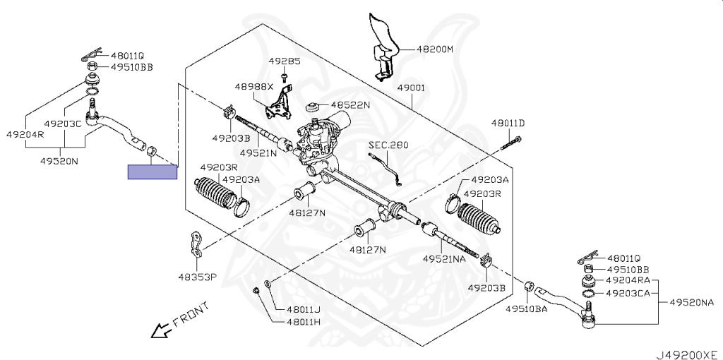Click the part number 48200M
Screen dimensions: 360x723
coord(434,49)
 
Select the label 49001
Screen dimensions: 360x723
coord(410,88)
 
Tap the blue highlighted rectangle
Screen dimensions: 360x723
coord(153,172)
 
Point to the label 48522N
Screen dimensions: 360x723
coord(350,104)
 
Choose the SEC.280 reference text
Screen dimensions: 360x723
coord(388,145)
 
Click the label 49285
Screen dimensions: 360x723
coord(284,61)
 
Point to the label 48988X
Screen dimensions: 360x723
coord(253,86)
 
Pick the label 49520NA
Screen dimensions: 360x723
coord(692,302)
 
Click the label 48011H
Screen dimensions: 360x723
coord(303,322)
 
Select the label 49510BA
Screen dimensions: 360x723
coord(526,308)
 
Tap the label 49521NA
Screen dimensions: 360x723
coord(444,259)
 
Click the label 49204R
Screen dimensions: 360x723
coord(25,134)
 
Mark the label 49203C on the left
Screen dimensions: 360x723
coord(62,123)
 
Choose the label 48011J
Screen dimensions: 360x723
coord(303,308)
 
